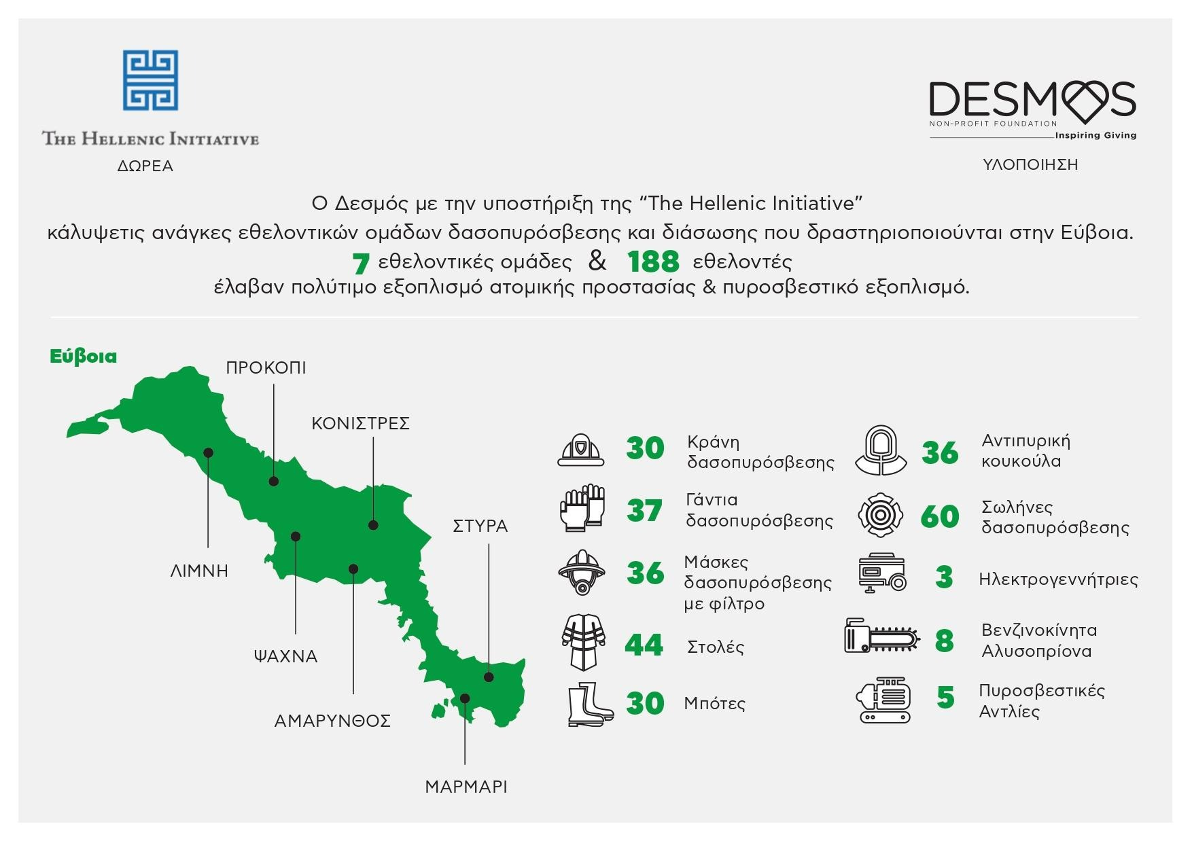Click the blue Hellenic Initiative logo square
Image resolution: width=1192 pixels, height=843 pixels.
click(150, 79)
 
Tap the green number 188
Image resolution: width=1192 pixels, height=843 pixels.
click(653, 262)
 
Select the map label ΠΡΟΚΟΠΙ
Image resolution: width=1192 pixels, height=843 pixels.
click(266, 368)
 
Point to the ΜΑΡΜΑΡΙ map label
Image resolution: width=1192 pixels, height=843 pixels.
click(466, 787)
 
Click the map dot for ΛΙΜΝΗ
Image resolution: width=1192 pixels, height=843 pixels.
click(209, 452)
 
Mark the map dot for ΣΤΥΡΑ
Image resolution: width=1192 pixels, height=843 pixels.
click(489, 677)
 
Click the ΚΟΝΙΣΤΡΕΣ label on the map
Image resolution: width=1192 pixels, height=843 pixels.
click(360, 424)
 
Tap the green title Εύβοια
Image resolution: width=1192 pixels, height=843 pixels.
click(84, 357)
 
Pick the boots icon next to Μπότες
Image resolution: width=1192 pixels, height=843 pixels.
click(590, 704)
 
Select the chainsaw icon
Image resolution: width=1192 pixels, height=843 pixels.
click(882, 636)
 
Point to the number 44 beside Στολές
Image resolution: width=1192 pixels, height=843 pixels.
click(644, 645)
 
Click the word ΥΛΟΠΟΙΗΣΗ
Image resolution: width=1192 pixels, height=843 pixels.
click(1030, 165)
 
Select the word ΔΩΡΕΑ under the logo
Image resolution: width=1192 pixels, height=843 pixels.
click(145, 166)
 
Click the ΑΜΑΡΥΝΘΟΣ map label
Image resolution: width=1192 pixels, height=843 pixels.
click(332, 721)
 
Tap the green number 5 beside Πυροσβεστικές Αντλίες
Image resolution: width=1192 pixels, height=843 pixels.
click(945, 698)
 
